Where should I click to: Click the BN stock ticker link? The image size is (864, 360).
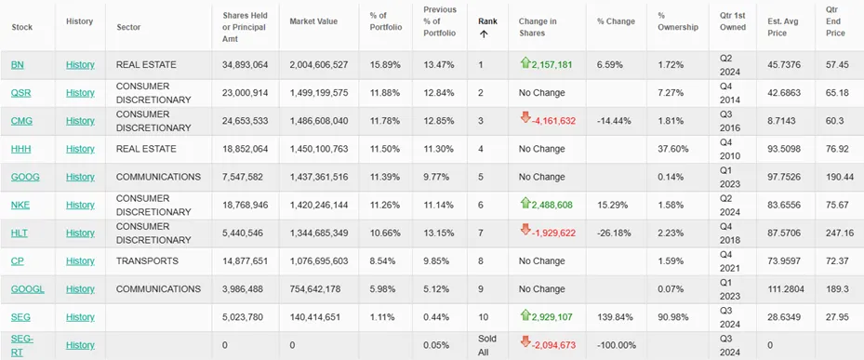click(x=17, y=65)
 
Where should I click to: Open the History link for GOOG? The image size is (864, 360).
click(x=81, y=177)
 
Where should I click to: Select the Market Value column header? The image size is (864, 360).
click(x=313, y=21)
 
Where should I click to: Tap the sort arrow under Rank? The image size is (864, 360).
click(x=484, y=33)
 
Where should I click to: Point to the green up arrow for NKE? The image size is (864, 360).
click(x=525, y=204)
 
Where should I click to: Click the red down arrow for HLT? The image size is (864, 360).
click(x=525, y=231)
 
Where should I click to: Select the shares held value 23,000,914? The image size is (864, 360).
click(x=245, y=93)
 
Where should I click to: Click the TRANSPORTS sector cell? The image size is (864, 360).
click(x=147, y=261)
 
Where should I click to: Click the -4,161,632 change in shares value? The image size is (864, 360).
click(x=553, y=121)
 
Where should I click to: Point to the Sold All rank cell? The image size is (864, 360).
click(x=487, y=345)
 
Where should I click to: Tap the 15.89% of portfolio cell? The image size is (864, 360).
click(x=385, y=65)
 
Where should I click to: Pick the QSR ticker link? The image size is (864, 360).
click(x=21, y=93)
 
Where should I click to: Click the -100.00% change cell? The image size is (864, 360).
click(x=617, y=345)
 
